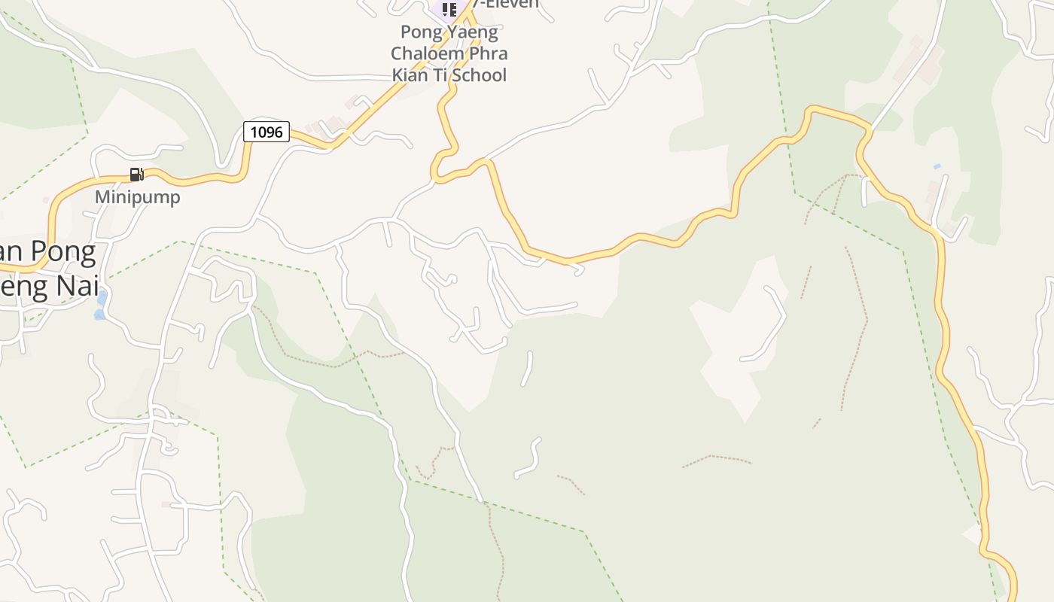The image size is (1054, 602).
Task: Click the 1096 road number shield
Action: pos(267,132)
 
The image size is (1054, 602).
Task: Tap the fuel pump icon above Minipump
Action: pos(136,175)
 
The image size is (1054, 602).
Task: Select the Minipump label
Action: pos(137,197)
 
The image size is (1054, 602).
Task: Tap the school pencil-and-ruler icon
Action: pos(449,9)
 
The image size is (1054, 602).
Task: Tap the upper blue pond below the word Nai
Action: pos(102,299)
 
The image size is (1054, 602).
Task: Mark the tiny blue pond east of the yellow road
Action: pos(937,166)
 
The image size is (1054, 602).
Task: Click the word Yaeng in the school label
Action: pos(472,32)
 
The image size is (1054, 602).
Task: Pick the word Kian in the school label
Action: pos(410,74)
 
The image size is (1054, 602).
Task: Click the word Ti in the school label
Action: pos(442,74)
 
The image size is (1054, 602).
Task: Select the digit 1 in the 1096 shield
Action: pos(254,132)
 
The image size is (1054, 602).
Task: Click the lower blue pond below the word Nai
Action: pos(99,315)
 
